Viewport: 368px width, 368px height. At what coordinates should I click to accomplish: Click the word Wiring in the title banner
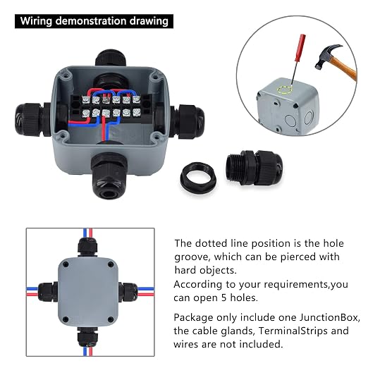[36, 21]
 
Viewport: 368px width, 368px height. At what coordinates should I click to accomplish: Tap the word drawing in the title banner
[149, 21]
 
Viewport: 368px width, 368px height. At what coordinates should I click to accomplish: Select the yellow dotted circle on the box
[285, 90]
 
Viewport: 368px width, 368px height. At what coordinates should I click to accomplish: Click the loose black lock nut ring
[199, 177]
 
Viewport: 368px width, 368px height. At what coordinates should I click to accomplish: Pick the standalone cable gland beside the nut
[254, 167]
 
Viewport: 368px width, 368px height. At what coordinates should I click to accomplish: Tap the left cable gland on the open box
[33, 119]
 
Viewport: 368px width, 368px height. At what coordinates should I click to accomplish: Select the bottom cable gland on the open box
[109, 176]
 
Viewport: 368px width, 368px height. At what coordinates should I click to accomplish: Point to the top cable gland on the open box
[111, 58]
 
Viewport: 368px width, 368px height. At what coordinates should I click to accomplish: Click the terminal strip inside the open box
[111, 106]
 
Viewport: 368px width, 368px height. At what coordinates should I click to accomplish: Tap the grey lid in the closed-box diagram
[88, 292]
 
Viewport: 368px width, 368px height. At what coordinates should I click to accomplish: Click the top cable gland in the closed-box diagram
[87, 247]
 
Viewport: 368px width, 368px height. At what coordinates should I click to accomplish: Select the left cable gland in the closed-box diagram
[48, 292]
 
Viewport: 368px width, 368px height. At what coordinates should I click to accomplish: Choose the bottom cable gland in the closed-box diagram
[87, 337]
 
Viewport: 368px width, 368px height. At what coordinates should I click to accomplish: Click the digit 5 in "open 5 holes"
[224, 298]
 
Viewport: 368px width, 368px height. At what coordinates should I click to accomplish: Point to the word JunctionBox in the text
[329, 317]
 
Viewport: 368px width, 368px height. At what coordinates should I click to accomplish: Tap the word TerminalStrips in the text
[293, 331]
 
